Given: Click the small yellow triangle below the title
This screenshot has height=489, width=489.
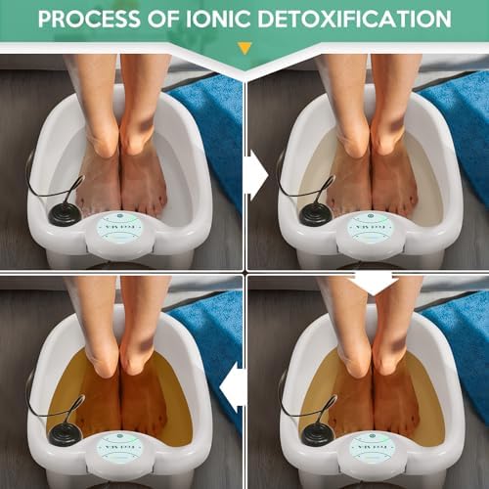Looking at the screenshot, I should click(244, 47).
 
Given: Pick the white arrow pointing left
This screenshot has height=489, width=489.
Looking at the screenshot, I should click(233, 383).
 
